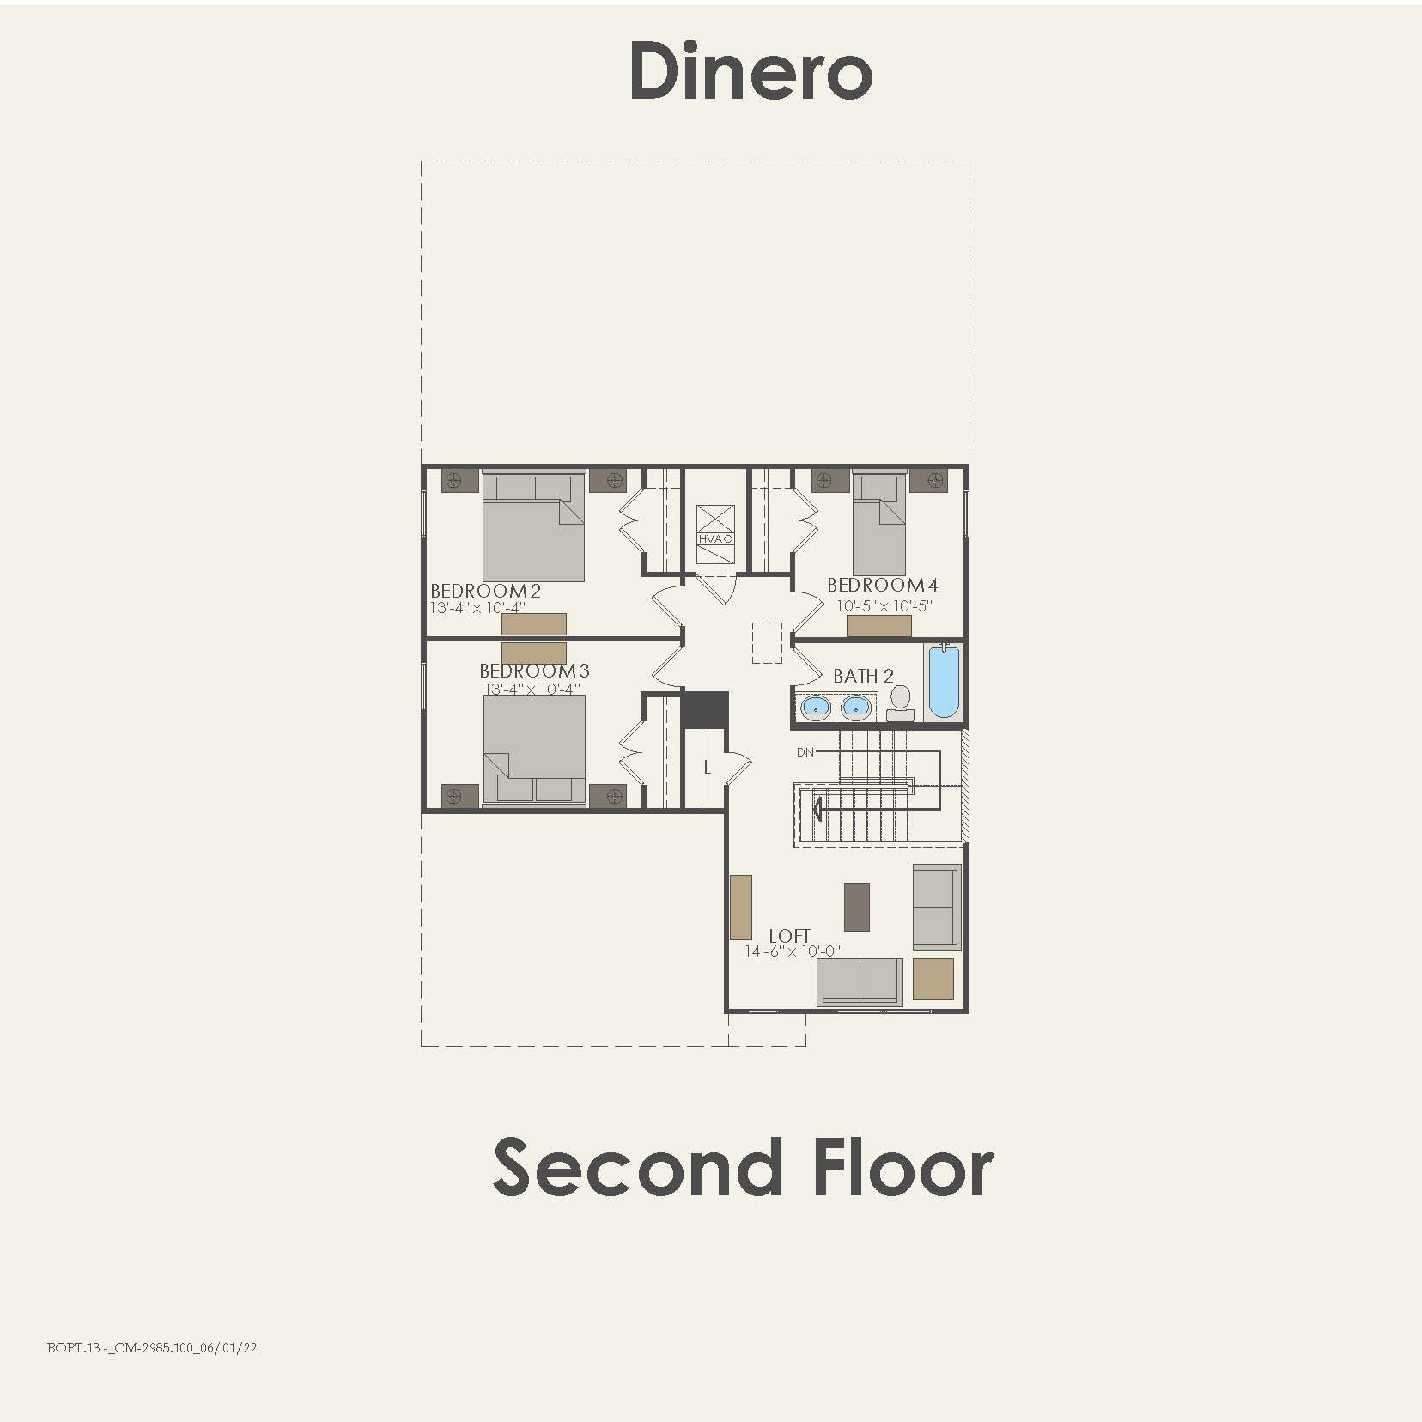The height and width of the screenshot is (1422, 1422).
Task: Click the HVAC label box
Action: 714,538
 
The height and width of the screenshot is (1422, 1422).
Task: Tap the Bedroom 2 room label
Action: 485,591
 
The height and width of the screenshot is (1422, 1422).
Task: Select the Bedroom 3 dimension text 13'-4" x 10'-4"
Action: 532,689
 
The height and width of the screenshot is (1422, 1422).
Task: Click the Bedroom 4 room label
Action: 882,585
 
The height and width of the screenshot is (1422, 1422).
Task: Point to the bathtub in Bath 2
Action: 943,682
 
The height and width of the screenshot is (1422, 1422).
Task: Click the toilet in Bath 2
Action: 900,700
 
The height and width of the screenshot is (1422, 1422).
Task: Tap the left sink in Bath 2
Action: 815,707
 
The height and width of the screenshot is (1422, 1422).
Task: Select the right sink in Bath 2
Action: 855,707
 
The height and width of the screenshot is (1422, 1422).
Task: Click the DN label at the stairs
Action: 805,752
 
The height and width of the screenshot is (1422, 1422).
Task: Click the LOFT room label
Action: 789,936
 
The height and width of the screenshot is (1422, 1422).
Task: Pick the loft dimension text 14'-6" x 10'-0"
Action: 793,951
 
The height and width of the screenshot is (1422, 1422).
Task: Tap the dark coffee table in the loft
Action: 856,907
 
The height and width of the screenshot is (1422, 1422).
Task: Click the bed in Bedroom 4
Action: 878,524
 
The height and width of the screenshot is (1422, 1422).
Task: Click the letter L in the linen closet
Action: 707,767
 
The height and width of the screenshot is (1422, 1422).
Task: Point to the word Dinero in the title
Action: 750,72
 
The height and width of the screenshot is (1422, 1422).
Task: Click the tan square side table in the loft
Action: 933,979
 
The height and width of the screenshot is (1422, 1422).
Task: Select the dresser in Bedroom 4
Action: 878,626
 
